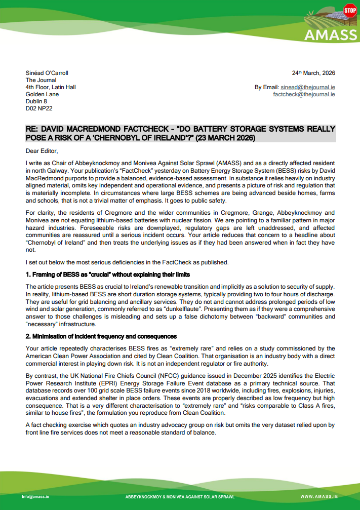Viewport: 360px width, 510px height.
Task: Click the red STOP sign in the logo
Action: point(349,10)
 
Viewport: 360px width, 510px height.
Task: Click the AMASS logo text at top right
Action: point(330,35)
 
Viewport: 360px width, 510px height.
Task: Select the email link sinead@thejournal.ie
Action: point(307,87)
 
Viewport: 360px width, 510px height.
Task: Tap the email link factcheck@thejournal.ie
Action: point(304,94)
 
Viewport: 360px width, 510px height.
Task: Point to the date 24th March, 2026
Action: point(313,73)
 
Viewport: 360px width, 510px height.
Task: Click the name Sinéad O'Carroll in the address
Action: point(47,73)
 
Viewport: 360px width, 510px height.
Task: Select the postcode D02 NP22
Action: point(39,108)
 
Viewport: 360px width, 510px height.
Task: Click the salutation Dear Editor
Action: point(42,151)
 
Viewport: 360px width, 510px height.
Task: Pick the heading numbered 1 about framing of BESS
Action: point(108,274)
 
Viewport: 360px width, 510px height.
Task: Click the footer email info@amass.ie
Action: point(35,496)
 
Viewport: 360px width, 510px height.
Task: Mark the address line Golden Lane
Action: point(42,94)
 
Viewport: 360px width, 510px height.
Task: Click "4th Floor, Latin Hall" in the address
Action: point(51,87)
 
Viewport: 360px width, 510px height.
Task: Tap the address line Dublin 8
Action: point(36,101)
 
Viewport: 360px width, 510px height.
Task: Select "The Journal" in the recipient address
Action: point(41,80)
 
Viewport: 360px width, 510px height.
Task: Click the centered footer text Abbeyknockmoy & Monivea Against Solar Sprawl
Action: point(180,497)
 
